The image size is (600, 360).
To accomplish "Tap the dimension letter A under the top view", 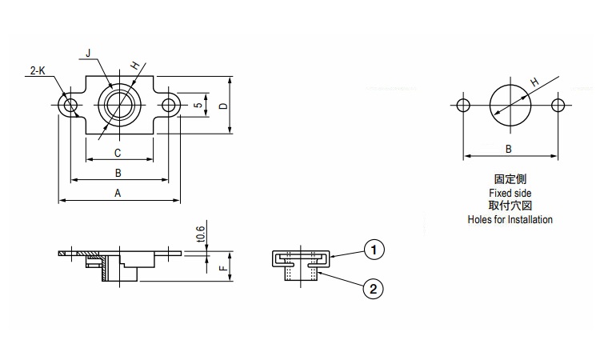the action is [x=118, y=193].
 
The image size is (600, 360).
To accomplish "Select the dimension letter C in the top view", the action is [x=118, y=153].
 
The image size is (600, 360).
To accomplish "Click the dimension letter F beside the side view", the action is [x=223, y=268].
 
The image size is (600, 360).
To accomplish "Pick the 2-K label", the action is [x=38, y=70].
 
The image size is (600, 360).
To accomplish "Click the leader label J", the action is [x=88, y=53].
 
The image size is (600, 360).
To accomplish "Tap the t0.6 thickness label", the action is [x=201, y=234].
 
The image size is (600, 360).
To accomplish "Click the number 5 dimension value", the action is [x=198, y=106].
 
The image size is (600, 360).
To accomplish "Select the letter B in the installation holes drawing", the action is [x=509, y=149].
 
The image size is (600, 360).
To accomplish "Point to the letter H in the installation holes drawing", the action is [x=535, y=82].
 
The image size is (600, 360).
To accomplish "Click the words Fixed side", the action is [x=510, y=193].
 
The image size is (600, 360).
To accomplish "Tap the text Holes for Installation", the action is [x=510, y=219].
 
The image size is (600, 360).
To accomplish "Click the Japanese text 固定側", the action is [x=510, y=179].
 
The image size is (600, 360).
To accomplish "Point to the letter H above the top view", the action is [x=134, y=66].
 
